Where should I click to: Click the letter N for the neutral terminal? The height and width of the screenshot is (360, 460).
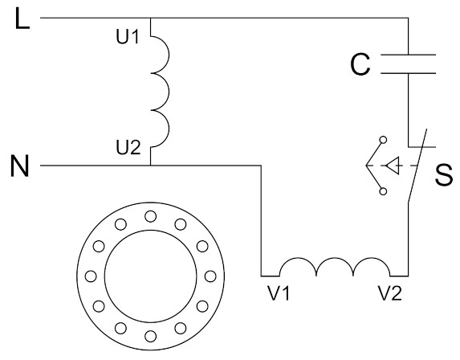point(19,166)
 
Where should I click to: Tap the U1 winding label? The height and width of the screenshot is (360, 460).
point(128,37)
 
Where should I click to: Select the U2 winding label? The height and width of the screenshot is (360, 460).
point(128,148)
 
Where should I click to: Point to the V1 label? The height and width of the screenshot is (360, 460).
point(279,292)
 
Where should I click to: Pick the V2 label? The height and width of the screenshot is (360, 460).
point(390,292)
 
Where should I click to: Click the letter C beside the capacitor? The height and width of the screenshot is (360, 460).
point(360,64)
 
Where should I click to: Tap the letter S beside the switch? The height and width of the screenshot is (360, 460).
point(444,174)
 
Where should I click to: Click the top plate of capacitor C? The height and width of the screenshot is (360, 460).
point(408,55)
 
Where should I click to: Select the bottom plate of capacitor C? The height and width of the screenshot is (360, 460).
point(408,73)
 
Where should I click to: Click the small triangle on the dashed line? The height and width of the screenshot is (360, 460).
point(393,166)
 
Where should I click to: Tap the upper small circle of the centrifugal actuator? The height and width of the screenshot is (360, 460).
point(383,140)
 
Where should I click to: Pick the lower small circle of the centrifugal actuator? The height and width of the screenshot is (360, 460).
point(383,191)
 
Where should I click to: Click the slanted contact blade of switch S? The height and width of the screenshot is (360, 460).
point(417,166)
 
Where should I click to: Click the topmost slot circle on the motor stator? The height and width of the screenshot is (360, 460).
point(150,216)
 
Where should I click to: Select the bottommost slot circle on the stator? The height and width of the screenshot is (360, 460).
point(150,336)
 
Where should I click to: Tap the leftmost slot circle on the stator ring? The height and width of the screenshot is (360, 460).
point(91,276)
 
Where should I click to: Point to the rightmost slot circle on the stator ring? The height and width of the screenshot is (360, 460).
point(210,276)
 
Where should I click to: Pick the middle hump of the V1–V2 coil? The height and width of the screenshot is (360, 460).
point(335,258)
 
